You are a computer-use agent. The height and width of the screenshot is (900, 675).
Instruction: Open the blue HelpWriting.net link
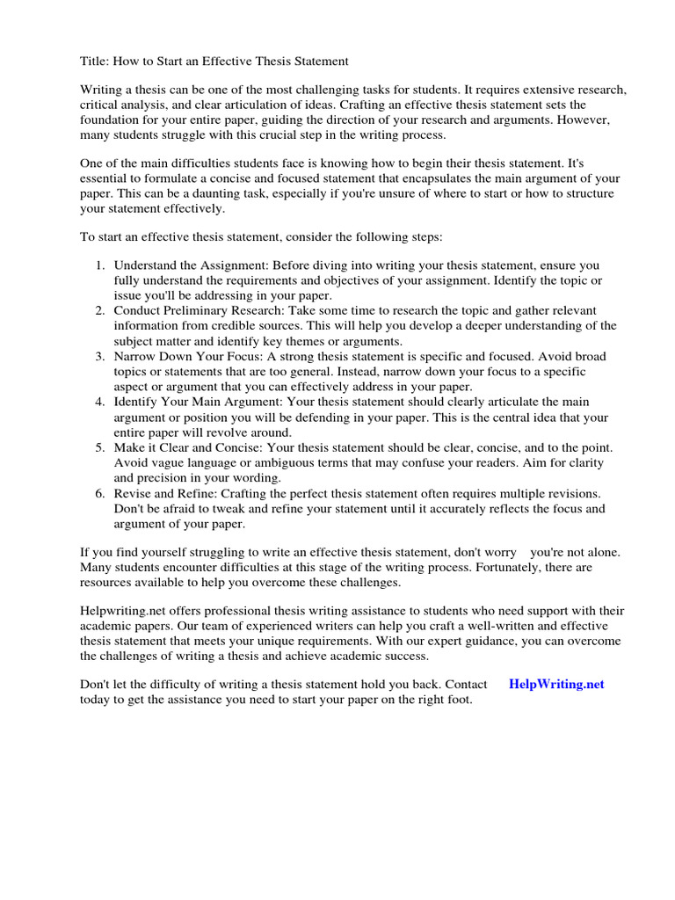(556, 684)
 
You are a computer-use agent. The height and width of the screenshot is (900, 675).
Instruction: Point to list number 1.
(99, 264)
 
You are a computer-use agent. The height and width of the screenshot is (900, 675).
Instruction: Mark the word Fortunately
(475, 568)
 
